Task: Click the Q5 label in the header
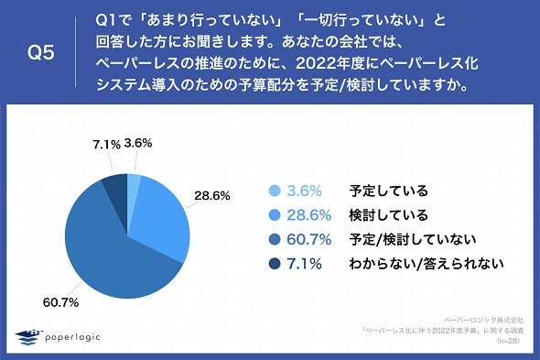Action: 41,53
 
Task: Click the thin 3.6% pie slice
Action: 134,186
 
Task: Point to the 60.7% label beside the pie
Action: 60,302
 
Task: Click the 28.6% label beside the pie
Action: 212,196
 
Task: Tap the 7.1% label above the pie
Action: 106,145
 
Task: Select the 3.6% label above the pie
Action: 138,143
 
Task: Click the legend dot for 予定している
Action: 275,191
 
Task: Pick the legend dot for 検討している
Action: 275,215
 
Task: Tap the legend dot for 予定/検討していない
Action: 275,239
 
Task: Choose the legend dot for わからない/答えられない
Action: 275,264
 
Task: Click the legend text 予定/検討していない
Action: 413,239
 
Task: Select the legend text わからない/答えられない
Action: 427,264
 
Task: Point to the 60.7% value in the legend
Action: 309,239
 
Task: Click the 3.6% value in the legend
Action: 304,191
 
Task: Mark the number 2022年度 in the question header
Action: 332,63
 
